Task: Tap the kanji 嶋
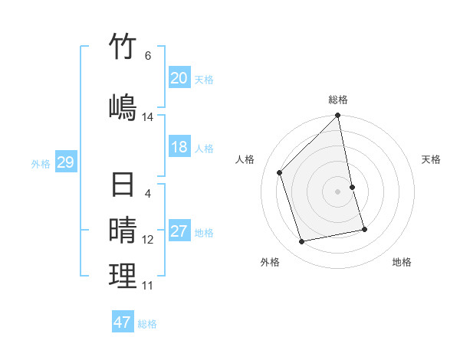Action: coord(123,106)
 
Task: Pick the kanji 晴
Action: coord(123,229)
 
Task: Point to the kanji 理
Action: coord(123,276)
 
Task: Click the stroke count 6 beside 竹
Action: coord(148,56)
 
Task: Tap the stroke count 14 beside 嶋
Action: coord(148,117)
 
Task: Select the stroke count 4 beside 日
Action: coord(148,194)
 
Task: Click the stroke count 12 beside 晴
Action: coord(148,240)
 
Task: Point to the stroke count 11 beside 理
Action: coord(148,286)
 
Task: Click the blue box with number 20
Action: coord(179,78)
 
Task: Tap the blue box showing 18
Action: coord(179,147)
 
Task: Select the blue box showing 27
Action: coord(179,231)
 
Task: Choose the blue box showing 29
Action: coord(65,162)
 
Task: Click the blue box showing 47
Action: coord(123,322)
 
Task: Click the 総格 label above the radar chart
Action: coord(338,100)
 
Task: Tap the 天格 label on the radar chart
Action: coord(431,159)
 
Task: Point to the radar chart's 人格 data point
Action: coord(280,172)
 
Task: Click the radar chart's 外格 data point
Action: coord(302,242)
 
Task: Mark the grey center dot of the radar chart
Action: coord(338,191)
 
